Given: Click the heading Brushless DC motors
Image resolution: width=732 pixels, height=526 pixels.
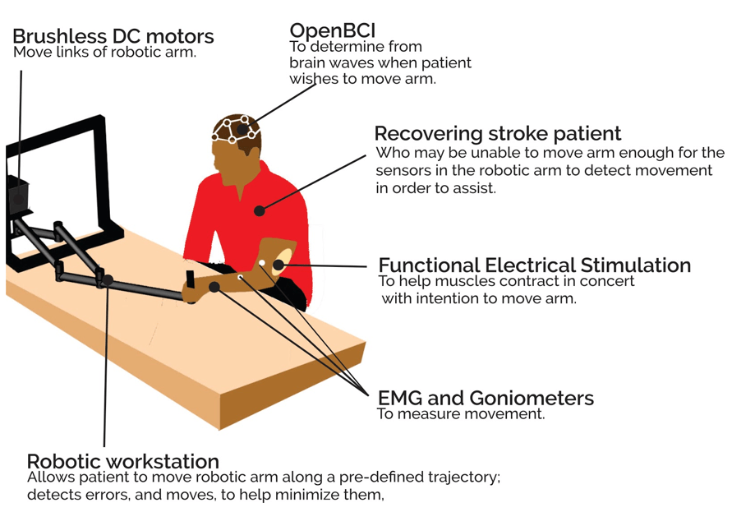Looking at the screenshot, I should click(x=113, y=37).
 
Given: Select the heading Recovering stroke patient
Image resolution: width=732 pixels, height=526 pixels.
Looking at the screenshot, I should click(x=497, y=134).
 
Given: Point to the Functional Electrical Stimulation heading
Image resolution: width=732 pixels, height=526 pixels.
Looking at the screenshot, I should click(x=534, y=265).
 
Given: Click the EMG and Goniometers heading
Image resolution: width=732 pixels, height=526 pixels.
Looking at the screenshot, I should click(x=485, y=399).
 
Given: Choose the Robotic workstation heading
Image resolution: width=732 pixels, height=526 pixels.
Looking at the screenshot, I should click(x=122, y=461).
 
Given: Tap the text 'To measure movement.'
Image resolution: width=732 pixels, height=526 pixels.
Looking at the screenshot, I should click(x=460, y=414).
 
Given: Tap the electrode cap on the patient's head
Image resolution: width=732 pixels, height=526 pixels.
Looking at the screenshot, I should click(x=237, y=129).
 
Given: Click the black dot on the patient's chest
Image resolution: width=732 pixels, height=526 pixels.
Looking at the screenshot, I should click(x=259, y=211).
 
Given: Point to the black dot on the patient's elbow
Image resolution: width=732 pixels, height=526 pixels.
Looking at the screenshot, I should click(x=279, y=265).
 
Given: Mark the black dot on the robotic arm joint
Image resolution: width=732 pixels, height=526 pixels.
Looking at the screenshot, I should click(x=108, y=281).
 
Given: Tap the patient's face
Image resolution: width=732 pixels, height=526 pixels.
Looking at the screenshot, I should click(x=223, y=164).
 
